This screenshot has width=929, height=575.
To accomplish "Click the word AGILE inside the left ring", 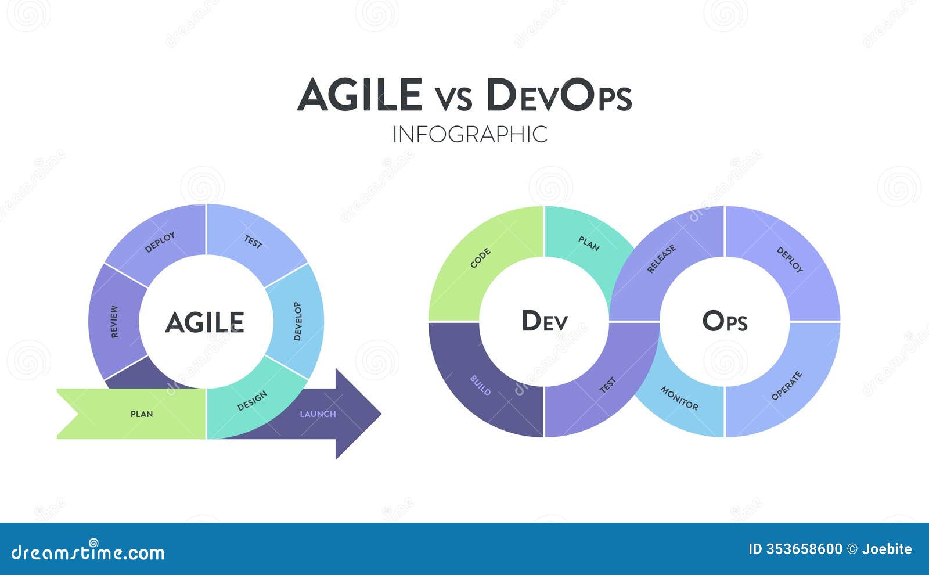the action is [x=205, y=322].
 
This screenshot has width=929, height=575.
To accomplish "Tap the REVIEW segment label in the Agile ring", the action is [x=114, y=322].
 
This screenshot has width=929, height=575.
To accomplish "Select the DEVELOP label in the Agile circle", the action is [x=297, y=322].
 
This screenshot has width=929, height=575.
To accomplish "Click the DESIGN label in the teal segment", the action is [x=252, y=401].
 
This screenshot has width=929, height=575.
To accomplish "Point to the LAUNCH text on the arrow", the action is [x=318, y=414].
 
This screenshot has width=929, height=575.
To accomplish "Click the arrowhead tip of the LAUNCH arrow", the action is [x=381, y=413].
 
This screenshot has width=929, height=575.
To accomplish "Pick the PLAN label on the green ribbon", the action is [x=142, y=414].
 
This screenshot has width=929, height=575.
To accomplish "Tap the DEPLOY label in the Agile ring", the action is [x=160, y=242].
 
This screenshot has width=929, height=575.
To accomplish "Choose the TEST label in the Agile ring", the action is [x=253, y=242].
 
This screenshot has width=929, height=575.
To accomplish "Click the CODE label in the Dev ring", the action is [x=480, y=258].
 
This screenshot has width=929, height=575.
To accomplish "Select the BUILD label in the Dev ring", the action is [x=480, y=386].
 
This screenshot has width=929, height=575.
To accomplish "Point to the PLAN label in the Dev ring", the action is [x=589, y=244].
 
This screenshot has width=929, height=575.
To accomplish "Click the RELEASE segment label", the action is [x=661, y=259].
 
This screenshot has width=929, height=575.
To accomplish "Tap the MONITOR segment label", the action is [x=679, y=398].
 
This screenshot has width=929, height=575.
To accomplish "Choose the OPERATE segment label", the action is [x=787, y=386].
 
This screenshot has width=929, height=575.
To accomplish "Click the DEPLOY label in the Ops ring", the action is [x=790, y=260].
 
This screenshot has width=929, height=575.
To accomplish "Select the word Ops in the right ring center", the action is [x=725, y=321].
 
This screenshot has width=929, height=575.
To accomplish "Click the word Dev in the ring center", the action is [x=545, y=321].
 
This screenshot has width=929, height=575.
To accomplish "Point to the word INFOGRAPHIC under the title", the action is [x=470, y=134].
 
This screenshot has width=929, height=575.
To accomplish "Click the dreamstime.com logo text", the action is [x=88, y=552].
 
